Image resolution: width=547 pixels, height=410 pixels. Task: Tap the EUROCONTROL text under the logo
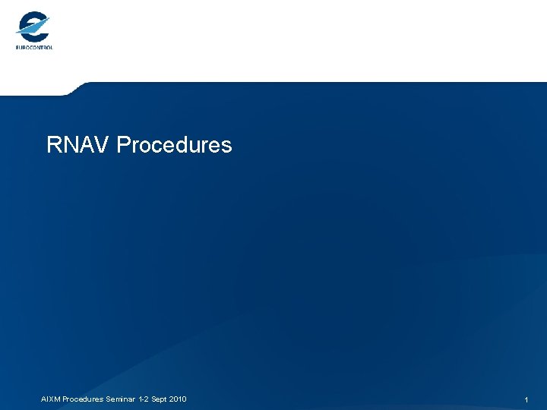34,47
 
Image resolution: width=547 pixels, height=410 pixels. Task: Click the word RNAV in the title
78,144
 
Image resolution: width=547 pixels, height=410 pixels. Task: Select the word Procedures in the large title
175,144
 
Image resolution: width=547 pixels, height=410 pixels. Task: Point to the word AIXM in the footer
50,399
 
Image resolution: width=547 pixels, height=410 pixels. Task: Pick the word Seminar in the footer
121,399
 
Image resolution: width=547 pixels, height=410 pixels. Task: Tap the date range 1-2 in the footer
143,399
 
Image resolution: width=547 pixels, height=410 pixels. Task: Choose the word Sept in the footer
159,399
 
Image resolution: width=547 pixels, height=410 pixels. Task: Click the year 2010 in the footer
179,399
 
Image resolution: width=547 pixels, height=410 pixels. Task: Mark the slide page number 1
526,399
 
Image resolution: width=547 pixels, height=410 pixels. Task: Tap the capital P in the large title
124,144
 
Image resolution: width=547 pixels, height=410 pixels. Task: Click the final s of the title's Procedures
226,145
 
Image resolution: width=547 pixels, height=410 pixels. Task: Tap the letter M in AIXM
57,399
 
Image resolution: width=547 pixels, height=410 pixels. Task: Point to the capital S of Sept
152,399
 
